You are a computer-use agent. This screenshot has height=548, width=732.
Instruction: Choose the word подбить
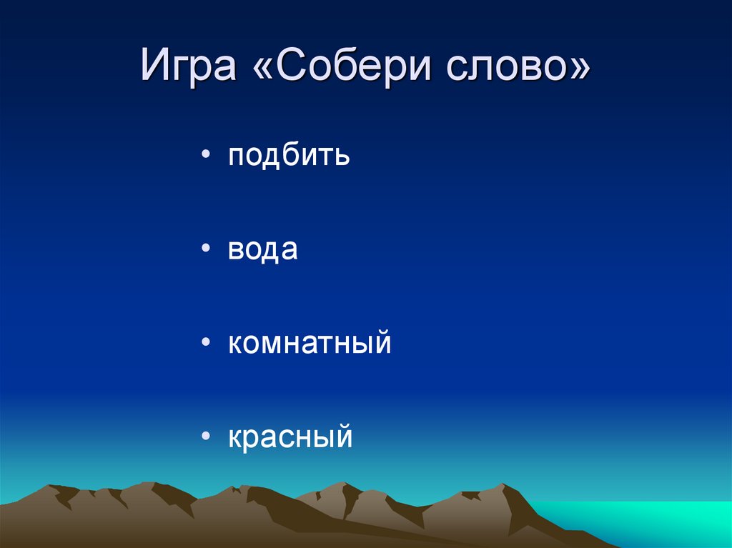pyautogui.click(x=289, y=156)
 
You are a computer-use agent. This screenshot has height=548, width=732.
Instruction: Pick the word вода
pyautogui.click(x=262, y=249)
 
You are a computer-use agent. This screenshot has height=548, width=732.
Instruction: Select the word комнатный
pyautogui.click(x=310, y=343)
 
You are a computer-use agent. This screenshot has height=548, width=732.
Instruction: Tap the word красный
pyautogui.click(x=290, y=437)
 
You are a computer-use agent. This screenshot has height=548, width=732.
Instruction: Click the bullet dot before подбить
pyautogui.click(x=206, y=156)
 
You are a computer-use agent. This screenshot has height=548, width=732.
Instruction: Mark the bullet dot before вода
pyautogui.click(x=206, y=250)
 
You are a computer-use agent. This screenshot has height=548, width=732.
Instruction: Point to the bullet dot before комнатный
pyautogui.click(x=206, y=344)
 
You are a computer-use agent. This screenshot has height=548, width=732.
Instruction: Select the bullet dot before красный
pyautogui.click(x=206, y=437)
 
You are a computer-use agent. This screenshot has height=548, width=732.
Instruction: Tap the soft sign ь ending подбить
pyautogui.click(x=342, y=156)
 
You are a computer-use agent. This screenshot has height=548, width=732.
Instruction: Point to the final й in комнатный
pyautogui.click(x=382, y=342)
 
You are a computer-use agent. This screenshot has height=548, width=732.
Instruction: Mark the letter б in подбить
pyautogui.click(x=294, y=154)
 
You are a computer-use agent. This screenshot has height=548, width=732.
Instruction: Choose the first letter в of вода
pyautogui.click(x=236, y=251)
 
